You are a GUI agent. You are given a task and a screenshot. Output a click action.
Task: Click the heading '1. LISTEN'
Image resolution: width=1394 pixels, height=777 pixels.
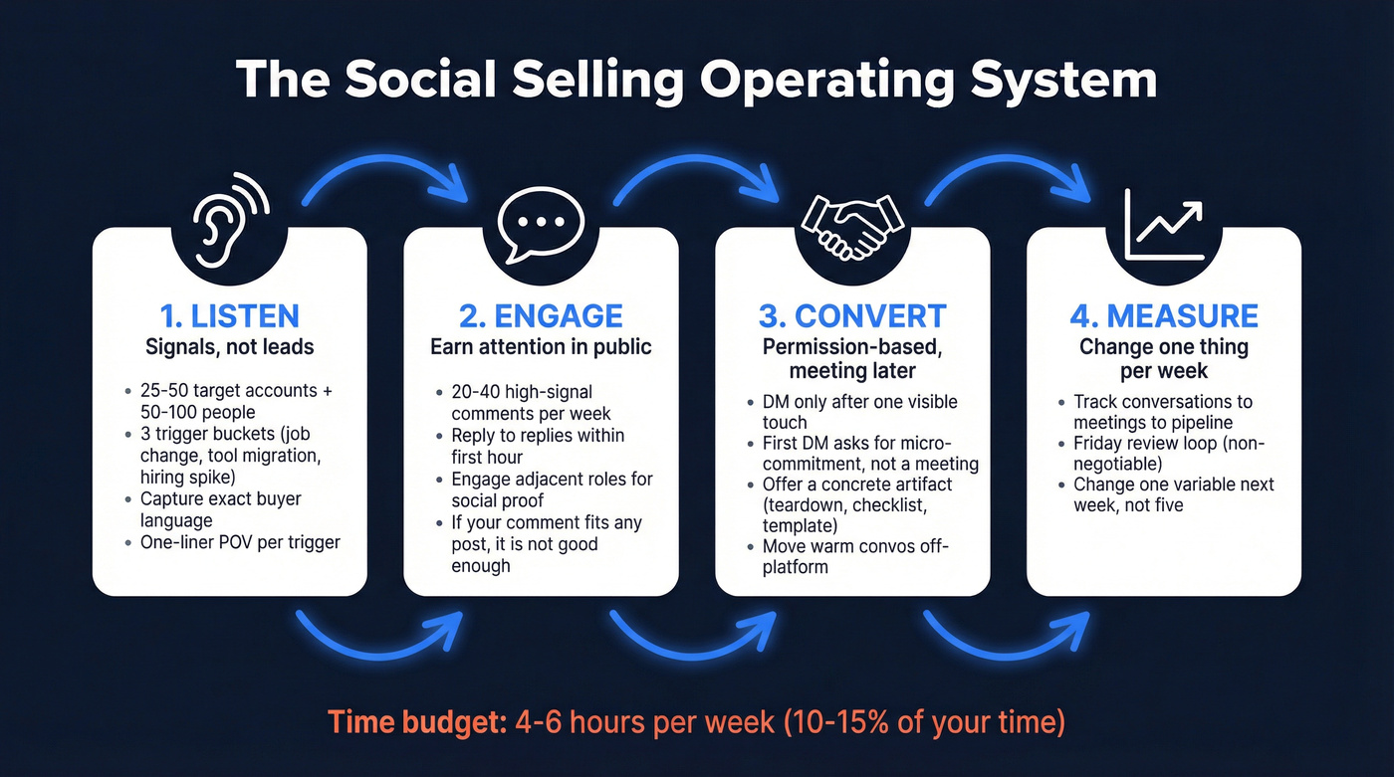[229, 316]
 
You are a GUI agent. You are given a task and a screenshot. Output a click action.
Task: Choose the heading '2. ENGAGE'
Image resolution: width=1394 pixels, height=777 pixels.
[541, 316]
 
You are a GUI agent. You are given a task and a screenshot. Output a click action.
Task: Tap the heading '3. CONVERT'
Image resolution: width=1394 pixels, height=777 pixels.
[852, 316]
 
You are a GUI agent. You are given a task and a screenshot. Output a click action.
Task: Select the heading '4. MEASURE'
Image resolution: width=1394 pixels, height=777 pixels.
[1163, 316]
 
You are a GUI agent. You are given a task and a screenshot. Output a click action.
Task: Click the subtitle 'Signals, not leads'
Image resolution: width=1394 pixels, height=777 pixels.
[230, 347]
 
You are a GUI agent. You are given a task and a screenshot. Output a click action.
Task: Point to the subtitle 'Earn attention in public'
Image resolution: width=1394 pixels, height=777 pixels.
[541, 347]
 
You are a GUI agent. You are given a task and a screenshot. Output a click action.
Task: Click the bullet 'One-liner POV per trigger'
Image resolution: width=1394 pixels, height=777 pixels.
[239, 542]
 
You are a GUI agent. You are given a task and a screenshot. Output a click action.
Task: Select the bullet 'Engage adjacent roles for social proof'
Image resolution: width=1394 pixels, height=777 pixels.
[552, 489]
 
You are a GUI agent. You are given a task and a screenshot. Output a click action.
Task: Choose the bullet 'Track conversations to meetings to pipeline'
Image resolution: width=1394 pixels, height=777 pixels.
[1161, 412]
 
